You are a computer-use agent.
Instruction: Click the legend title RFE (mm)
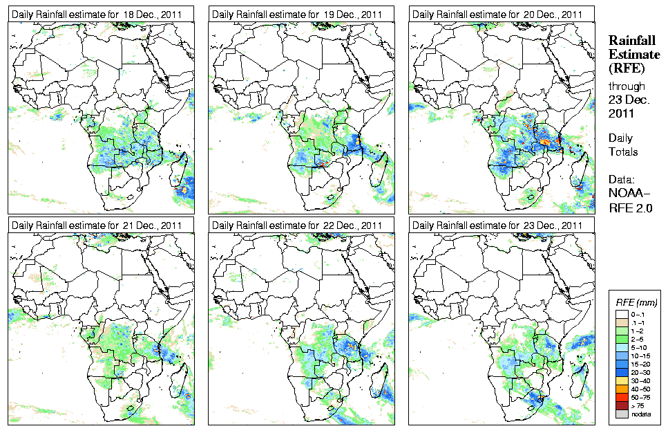(x=636, y=302)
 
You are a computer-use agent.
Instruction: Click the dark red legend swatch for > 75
(x=621, y=405)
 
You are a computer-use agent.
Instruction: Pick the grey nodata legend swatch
(x=621, y=414)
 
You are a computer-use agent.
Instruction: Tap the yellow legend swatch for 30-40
(x=621, y=380)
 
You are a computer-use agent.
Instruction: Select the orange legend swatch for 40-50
(x=621, y=389)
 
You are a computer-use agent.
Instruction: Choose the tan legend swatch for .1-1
(x=621, y=322)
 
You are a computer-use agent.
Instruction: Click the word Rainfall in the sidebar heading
(x=631, y=42)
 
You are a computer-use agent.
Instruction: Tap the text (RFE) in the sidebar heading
(x=626, y=68)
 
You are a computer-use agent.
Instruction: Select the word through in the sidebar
(x=627, y=86)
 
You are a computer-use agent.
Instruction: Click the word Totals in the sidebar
(x=623, y=151)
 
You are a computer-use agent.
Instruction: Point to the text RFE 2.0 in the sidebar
(x=631, y=207)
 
